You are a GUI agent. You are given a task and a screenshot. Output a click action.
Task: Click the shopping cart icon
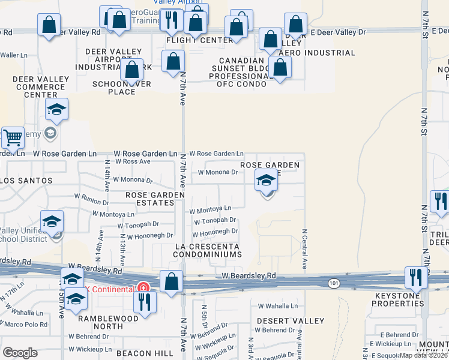pos(13,137)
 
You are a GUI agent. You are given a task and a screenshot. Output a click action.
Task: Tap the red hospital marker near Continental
pos(143,288)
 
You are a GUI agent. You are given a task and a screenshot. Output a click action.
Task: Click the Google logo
pos(20,353)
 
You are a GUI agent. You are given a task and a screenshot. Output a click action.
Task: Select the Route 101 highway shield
pos(333,282)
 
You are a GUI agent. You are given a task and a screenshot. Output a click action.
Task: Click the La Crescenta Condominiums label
pos(208,250)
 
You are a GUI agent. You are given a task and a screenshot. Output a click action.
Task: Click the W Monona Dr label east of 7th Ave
pos(218,172)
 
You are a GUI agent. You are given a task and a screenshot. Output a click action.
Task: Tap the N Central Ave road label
pos(305,248)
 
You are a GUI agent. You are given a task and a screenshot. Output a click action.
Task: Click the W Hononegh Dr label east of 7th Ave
pos(215,231)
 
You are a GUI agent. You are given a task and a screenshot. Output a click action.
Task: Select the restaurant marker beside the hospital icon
pos(144,301)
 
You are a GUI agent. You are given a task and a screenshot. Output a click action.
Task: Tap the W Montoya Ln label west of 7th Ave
pos(113,214)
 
